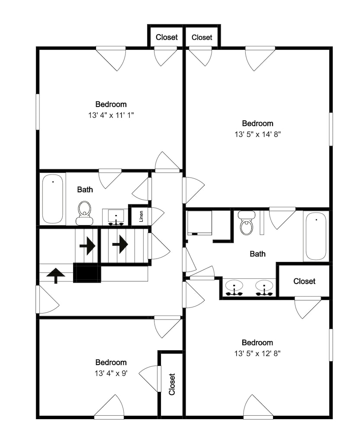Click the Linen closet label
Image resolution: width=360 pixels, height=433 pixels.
(141, 216)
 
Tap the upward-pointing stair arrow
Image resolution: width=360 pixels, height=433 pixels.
(56, 275)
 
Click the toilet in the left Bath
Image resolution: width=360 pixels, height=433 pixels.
(84, 213)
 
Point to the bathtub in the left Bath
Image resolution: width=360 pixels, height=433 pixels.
(52, 199)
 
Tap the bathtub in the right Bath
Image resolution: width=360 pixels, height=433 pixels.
(316, 236)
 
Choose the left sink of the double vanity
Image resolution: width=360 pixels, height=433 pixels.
(234, 288)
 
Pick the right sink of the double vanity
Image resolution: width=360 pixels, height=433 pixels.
(264, 288)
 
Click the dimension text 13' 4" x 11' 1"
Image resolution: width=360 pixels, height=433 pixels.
(111, 115)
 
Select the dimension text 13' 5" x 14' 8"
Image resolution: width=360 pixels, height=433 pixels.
(257, 135)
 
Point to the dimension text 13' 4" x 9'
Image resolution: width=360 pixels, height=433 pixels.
(111, 373)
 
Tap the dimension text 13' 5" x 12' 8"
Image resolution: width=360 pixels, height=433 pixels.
(257, 353)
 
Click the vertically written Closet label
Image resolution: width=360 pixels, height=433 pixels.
(172, 384)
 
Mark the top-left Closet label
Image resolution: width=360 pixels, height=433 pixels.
(167, 37)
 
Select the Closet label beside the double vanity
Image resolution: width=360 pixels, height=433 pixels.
(304, 281)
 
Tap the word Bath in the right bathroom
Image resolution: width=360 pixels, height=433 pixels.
(257, 254)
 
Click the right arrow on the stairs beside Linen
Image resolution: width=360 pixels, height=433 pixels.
(120, 244)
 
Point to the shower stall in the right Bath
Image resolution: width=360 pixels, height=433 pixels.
(199, 223)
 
